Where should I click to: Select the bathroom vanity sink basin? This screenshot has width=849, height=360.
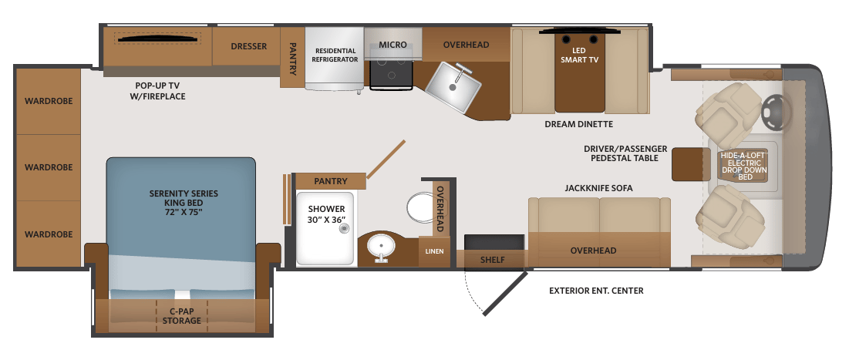(x=381, y=247)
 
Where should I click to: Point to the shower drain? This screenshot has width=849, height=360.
(x=343, y=229)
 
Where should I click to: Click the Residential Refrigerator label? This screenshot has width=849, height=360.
(x=335, y=56)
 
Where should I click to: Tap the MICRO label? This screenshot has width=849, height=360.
(x=392, y=45)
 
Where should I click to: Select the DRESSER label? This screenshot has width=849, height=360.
(x=248, y=46)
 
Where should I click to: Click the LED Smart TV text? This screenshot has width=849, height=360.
(x=579, y=56)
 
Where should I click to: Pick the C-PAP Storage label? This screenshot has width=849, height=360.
(x=182, y=315)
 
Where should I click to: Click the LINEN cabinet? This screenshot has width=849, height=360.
(x=434, y=251)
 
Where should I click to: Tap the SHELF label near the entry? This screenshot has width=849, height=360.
(x=492, y=260)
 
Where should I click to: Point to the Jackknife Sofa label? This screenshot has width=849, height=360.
(x=599, y=188)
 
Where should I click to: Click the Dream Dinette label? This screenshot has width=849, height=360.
(x=579, y=124)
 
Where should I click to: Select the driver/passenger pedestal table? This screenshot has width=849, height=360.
(x=691, y=163)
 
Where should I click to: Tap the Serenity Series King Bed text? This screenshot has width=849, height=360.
(x=184, y=203)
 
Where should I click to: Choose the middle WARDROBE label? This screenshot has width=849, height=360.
(x=49, y=167)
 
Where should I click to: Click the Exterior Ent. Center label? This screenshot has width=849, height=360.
(x=596, y=291)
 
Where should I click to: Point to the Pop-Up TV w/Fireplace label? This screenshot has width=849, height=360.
(x=160, y=91)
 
